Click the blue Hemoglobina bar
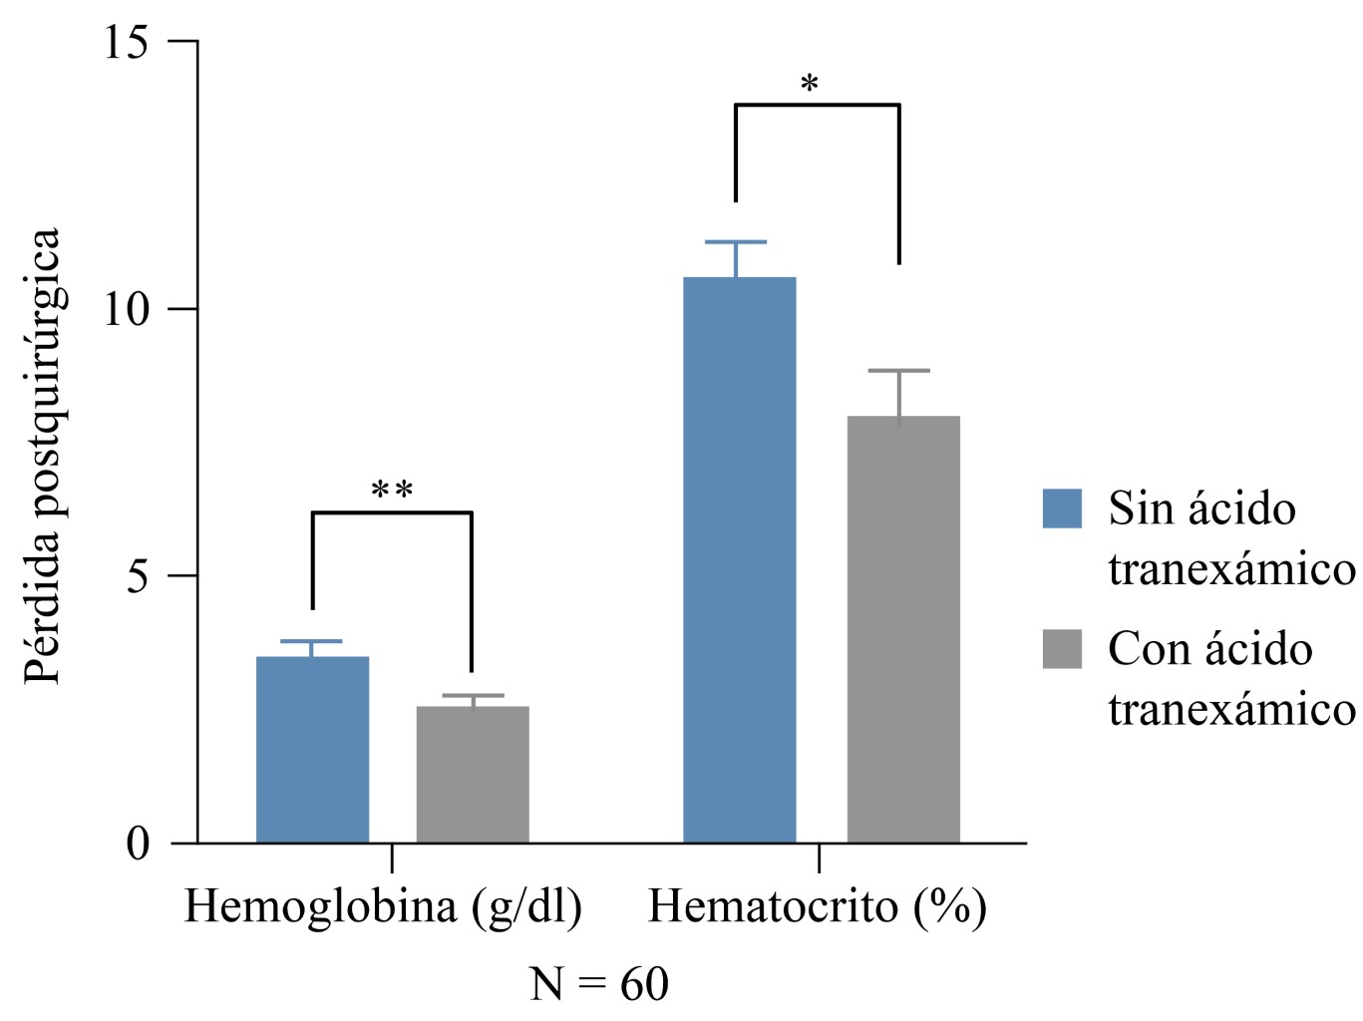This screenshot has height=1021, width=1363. coord(312,749)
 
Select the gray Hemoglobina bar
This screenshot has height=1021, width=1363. coord(472,774)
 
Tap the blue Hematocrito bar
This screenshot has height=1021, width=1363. coord(739,559)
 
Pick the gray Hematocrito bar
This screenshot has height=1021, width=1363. coord(902,629)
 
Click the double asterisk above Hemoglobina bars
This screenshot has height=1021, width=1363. coord(392,491)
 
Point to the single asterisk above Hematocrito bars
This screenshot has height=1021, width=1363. coord(810,84)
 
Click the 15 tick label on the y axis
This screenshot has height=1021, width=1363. coord(127,42)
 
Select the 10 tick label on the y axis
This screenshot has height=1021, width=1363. coord(127,309)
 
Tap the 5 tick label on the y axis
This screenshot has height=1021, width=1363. coord(138,576)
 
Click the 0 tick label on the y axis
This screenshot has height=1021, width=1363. coord(138,844)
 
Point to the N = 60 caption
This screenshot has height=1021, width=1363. coord(599,984)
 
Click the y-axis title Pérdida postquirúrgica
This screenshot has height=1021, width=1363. coord(43,456)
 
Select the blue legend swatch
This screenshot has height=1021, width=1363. coord(1062,509)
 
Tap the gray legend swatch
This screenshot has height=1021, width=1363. coord(1062,649)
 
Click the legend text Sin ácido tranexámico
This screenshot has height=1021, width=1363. coord(1230,538)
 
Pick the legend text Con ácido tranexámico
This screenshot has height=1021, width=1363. coord(1230,679)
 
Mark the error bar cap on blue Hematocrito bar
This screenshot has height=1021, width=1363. coord(736,242)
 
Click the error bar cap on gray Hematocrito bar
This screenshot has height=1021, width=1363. coord(898,371)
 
